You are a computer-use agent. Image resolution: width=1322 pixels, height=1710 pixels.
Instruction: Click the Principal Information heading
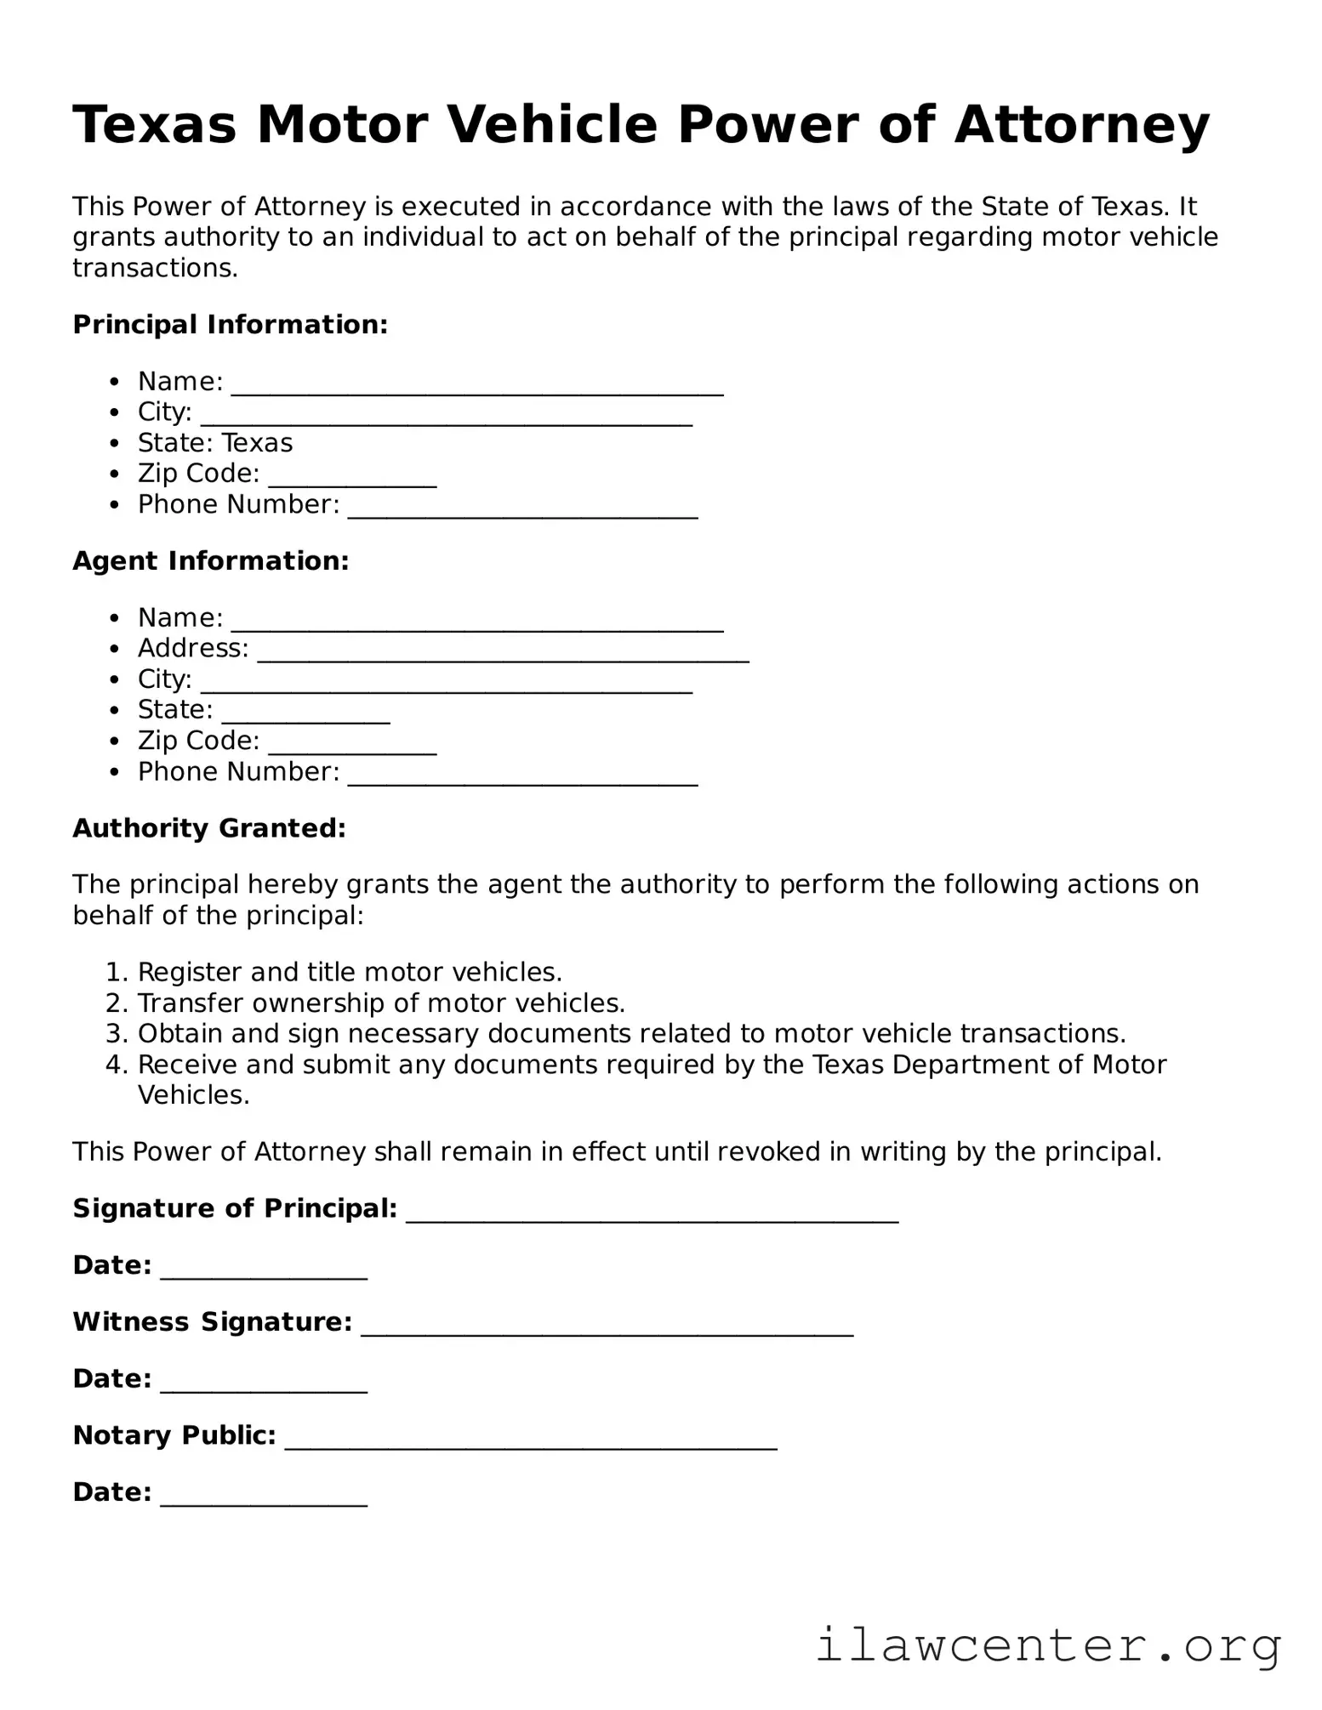tap(230, 325)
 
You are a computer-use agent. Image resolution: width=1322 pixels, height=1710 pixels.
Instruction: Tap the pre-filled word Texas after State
tap(257, 443)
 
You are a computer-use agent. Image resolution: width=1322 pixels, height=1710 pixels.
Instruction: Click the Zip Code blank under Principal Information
tap(352, 476)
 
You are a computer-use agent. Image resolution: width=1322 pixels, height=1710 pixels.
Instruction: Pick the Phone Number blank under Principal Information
tap(522, 508)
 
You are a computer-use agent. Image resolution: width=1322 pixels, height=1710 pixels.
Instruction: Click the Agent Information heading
tap(210, 561)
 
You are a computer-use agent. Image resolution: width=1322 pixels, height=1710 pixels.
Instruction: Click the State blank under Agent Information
tap(305, 713)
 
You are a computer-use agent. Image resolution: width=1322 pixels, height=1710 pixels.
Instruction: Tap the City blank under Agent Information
tap(446, 682)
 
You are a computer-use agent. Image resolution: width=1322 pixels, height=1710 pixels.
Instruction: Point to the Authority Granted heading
tap(209, 828)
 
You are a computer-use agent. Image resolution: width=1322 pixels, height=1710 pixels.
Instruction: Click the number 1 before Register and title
tap(114, 972)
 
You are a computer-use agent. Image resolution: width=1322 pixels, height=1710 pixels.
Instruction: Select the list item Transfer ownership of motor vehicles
tap(381, 1003)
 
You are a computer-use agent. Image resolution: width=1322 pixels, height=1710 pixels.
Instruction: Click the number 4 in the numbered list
tap(115, 1065)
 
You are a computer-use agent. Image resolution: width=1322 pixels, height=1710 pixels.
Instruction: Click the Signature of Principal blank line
tap(652, 1212)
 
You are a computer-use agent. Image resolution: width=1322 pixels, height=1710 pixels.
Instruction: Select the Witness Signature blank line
tap(607, 1325)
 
